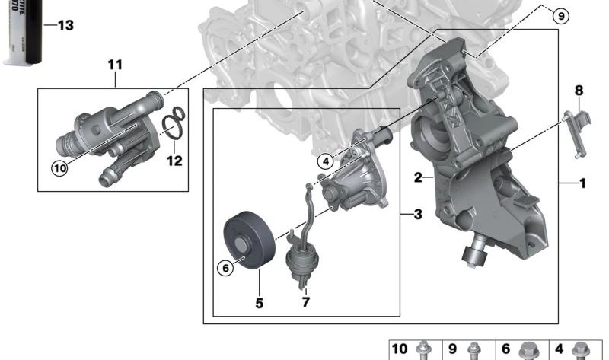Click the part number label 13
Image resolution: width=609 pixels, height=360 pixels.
coord(65,26)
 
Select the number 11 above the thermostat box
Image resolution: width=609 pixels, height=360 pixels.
coord(114,65)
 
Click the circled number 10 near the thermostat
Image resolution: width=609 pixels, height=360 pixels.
coord(59,168)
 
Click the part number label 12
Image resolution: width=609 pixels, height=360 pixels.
coord(175,161)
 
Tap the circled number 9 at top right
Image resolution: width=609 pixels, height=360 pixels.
coord(560,15)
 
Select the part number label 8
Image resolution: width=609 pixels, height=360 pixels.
coord(579,91)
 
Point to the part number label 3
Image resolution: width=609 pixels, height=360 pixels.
coord(417,215)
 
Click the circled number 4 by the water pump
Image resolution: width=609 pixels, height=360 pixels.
coord(326,161)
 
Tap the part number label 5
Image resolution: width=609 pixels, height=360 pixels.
coord(259,304)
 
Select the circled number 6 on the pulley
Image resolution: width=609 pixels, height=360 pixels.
coord(225,267)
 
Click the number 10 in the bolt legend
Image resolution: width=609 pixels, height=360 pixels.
coord(400,350)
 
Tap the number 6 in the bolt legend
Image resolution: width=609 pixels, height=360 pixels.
coord(506,350)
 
